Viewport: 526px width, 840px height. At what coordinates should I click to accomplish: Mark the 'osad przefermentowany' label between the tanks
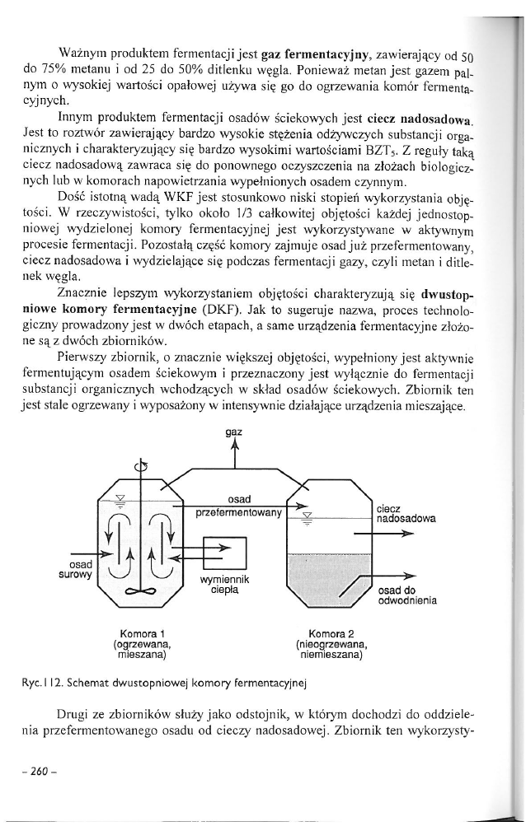[x=239, y=506]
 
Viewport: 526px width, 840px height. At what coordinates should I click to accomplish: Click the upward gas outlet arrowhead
[x=235, y=446]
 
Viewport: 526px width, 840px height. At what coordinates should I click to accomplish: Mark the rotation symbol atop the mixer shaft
[x=143, y=469]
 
